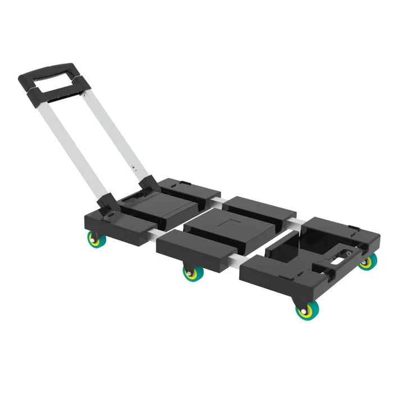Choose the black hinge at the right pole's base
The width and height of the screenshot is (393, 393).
click(148, 184)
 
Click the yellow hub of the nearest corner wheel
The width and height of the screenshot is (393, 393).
click(306, 311)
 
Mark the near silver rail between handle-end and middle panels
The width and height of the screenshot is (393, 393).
click(154, 236)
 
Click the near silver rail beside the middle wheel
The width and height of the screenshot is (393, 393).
click(233, 263)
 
